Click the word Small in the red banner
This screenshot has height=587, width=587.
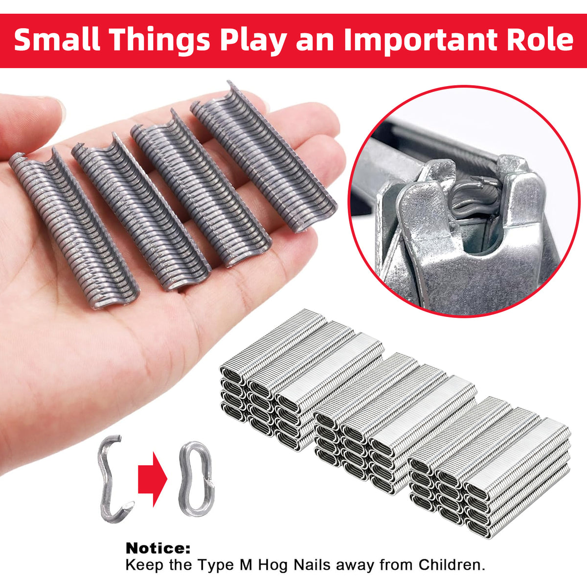(57, 40)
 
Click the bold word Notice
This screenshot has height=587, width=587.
(158, 540)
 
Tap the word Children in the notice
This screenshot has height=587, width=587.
(452, 556)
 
